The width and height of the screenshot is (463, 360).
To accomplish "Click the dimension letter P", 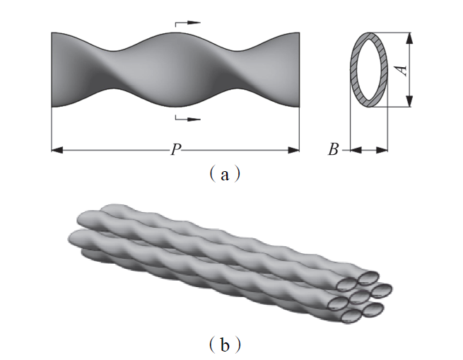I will click(174, 150).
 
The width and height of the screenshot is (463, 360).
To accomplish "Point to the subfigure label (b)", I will click(225, 346).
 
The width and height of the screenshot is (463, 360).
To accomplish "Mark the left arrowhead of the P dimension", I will click(57, 149).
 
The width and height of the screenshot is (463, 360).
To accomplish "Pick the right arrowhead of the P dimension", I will click(295, 149).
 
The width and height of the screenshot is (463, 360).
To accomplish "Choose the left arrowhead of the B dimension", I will click(355, 149).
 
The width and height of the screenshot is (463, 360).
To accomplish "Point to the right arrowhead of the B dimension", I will click(385, 149).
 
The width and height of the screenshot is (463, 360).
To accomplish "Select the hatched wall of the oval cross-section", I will click(355, 70).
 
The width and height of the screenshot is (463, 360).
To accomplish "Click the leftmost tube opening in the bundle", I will click(338, 303).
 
